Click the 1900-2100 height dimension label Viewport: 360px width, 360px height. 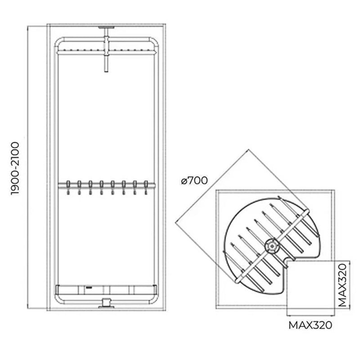pos(15,168)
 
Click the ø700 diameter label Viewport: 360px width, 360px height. pos(194,180)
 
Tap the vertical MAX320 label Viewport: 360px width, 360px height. pos(342,285)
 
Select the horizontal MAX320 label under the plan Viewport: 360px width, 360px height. pos(310,325)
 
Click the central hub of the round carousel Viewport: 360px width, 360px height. pos(272,246)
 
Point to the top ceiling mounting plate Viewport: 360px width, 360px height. pos(106,27)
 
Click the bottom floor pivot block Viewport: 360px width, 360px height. pos(106,302)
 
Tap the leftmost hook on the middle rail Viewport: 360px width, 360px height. pos(68,187)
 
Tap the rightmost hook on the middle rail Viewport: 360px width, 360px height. pos(146,187)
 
